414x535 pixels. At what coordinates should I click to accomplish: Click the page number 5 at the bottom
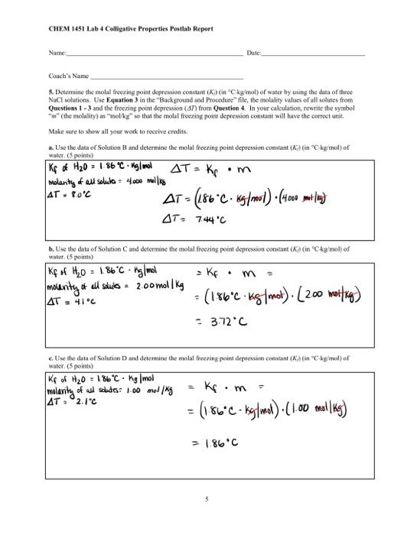click(x=207, y=499)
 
